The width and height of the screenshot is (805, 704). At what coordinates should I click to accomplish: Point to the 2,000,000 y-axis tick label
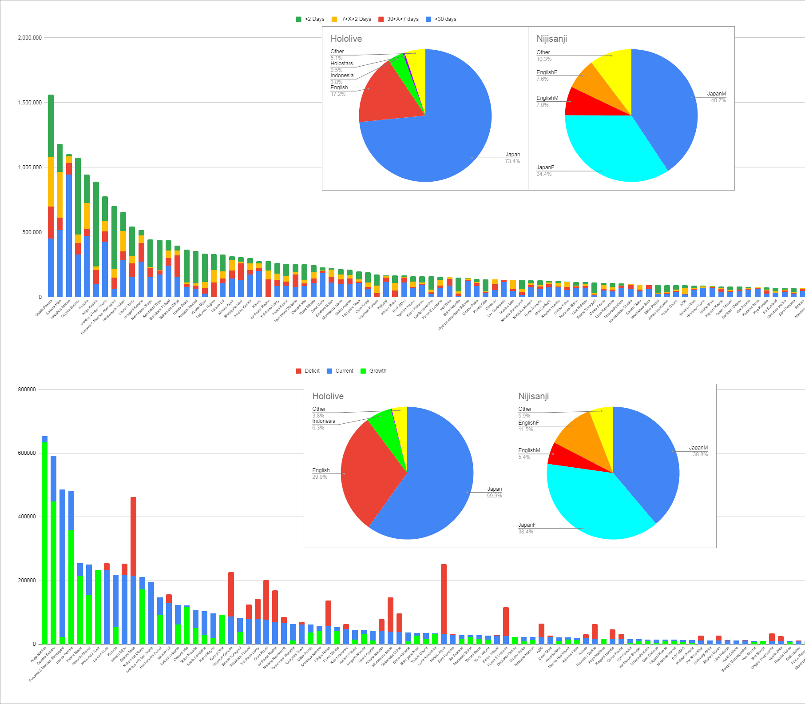30,38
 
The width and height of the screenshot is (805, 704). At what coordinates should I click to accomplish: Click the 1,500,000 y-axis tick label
30,103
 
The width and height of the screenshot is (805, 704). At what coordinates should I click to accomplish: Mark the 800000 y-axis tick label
27,390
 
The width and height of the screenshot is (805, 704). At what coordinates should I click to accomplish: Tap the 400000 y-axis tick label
27,517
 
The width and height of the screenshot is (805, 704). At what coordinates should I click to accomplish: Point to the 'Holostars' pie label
341,64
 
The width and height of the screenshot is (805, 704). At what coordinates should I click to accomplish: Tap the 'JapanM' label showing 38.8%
698,448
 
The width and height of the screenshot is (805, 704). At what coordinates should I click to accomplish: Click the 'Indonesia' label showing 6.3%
324,421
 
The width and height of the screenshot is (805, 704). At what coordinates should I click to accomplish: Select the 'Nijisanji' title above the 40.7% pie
551,39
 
